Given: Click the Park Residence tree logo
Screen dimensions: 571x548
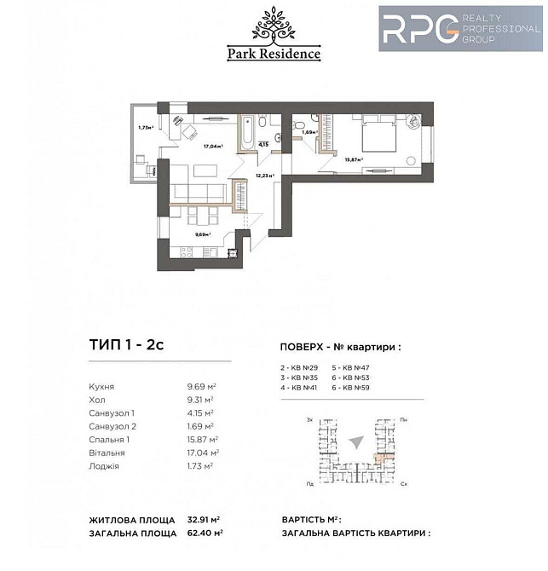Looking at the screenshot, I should [274, 25].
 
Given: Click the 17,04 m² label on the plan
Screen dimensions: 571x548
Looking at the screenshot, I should [212, 146].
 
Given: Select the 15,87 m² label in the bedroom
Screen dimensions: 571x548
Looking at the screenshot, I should [354, 159].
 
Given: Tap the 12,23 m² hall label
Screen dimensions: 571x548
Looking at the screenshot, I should [264, 176].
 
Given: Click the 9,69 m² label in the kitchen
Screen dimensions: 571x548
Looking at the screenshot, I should [202, 234].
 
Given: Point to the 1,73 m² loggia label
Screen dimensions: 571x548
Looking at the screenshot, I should [145, 128].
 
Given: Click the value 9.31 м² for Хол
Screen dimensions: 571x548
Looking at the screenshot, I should [199, 399].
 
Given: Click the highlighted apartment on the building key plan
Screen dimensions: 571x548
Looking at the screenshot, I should [382, 456].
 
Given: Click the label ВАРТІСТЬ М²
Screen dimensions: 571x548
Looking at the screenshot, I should [310, 519].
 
